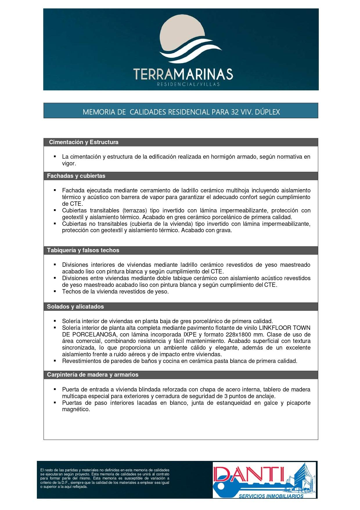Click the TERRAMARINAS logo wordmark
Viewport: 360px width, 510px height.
[x=183, y=74]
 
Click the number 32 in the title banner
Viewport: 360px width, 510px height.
[x=234, y=112]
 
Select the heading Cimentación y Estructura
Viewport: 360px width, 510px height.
[x=84, y=142]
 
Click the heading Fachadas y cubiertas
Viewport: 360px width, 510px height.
[x=76, y=176]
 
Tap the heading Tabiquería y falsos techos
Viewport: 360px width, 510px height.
[x=83, y=250]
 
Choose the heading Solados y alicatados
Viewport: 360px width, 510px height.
[x=75, y=307]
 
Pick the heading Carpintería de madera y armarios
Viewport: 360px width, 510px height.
[x=93, y=375]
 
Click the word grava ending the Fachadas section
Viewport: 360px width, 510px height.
[x=224, y=230]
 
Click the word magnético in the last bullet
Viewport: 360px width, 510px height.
[x=76, y=409]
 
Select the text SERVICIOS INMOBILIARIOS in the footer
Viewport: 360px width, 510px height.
[x=271, y=496]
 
